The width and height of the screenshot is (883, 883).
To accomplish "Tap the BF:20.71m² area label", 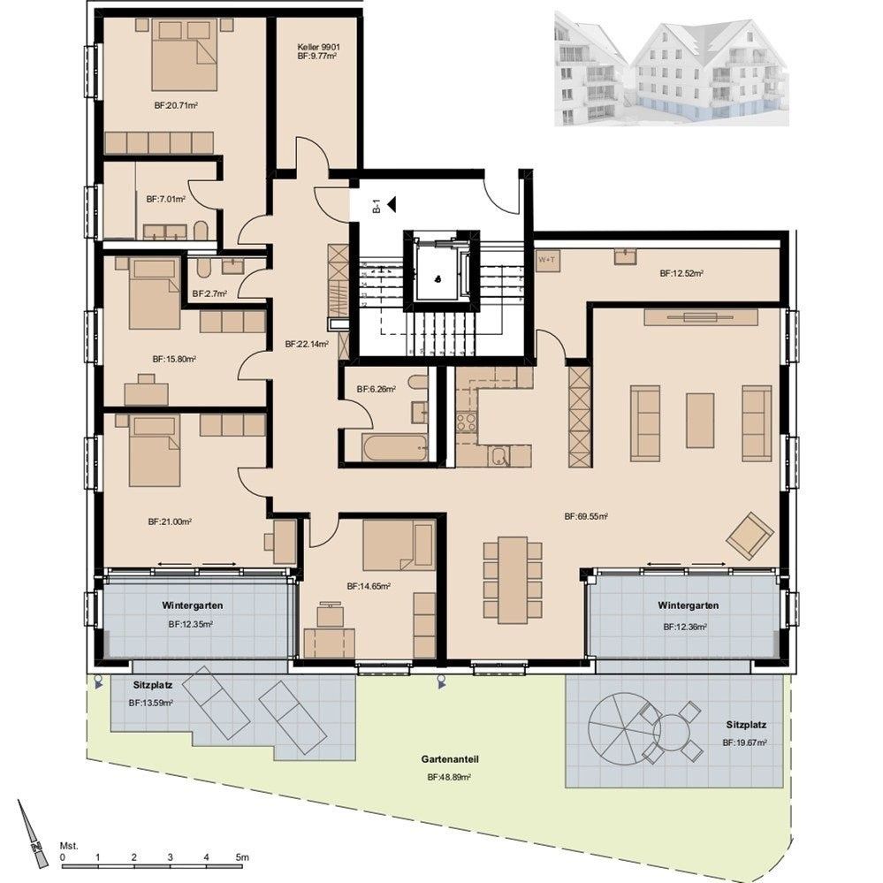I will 175,105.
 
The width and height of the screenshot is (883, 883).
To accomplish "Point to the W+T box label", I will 547,260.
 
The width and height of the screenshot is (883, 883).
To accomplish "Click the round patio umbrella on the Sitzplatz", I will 624,727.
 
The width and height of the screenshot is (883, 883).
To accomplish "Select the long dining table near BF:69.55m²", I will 512,579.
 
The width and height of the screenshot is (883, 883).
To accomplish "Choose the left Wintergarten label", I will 192,606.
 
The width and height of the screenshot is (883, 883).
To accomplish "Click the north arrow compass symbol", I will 33,830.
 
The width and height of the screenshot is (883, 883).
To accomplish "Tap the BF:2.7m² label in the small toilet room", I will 209,293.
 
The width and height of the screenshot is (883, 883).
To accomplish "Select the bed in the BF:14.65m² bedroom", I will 398,544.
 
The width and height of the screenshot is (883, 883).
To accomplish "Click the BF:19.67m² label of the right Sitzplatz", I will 744,743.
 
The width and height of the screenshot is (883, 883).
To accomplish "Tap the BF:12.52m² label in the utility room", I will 681,274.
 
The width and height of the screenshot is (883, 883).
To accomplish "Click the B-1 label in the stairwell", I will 377,207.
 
